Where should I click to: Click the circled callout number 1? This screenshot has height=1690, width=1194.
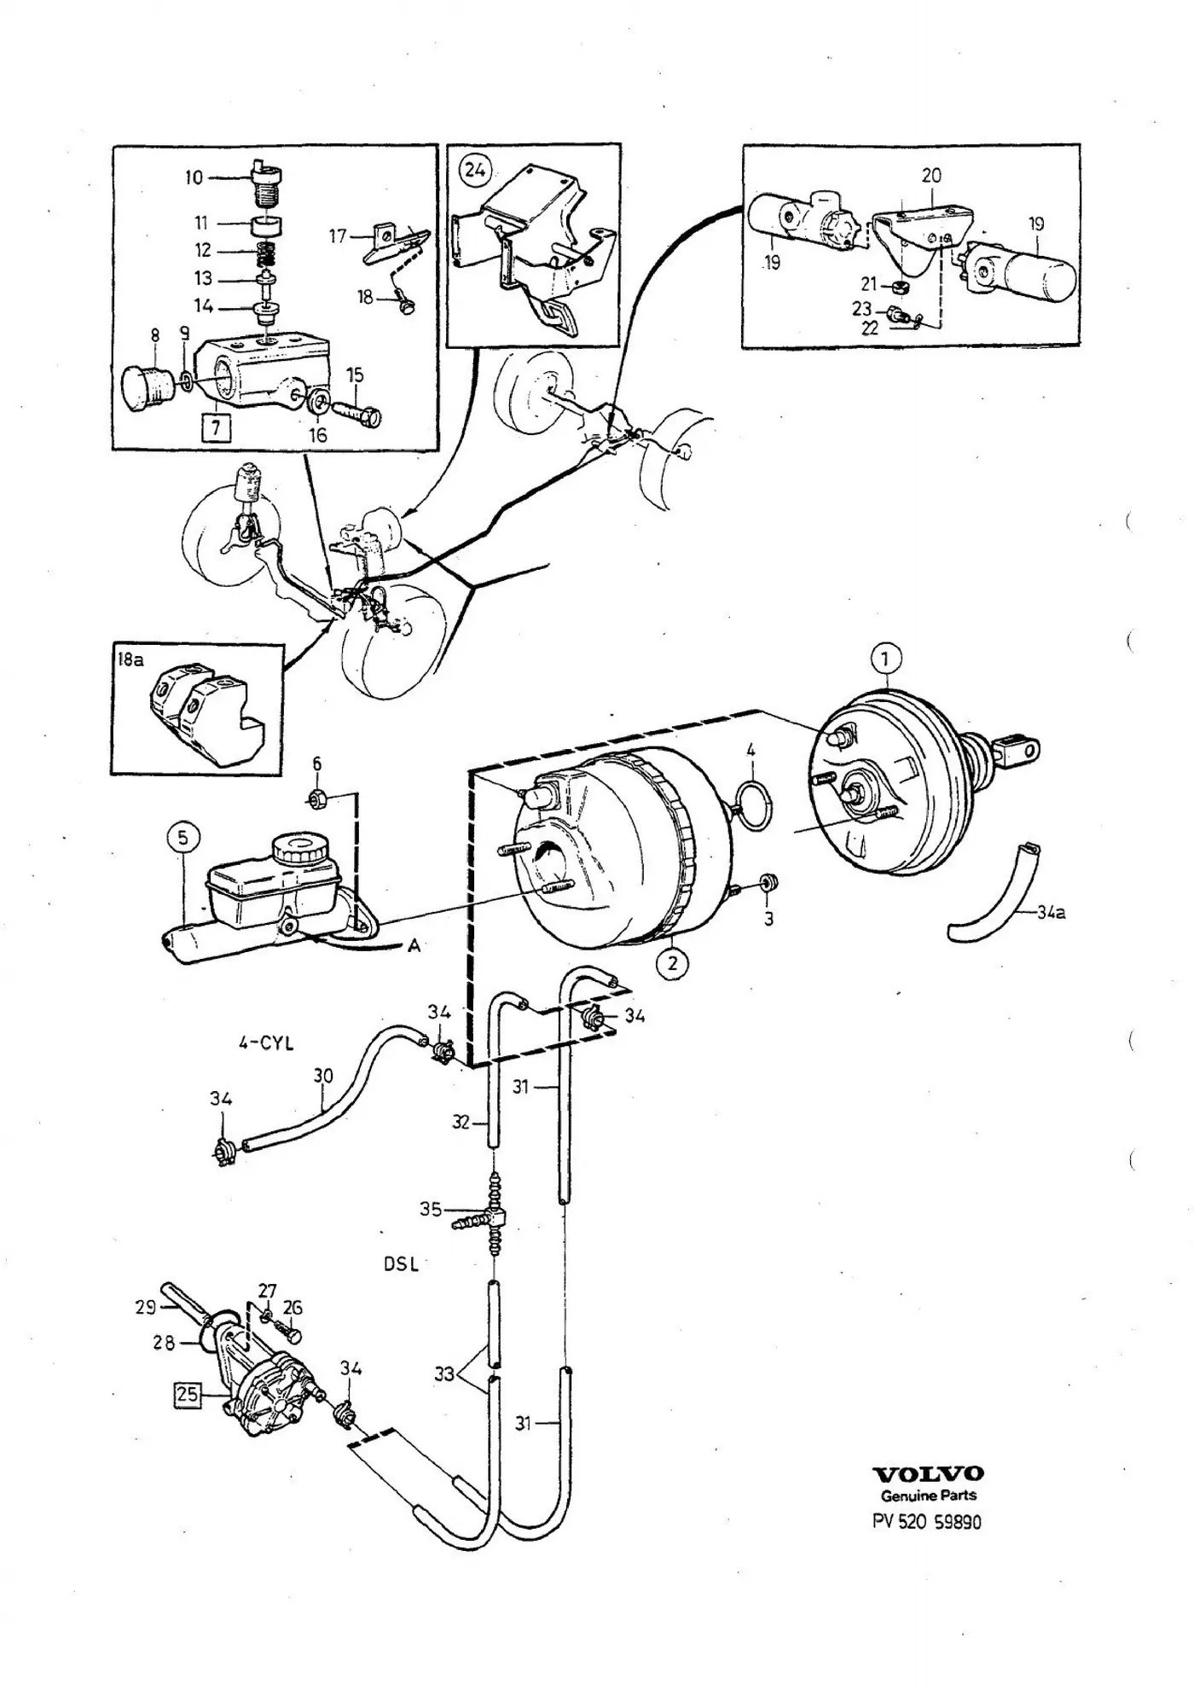pos(886,659)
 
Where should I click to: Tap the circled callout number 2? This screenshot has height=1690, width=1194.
pos(673,963)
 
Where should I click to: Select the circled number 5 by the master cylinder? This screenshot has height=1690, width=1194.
pos(183,839)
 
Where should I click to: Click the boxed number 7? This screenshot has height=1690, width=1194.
pos(215,427)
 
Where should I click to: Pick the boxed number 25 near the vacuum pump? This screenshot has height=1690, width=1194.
pos(187,1395)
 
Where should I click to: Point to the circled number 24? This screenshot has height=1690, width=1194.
pos(474,170)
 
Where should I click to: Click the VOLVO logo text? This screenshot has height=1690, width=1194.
pos(928,1473)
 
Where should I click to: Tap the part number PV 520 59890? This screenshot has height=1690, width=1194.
pos(927,1521)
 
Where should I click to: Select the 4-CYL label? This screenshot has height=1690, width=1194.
pos(266,1042)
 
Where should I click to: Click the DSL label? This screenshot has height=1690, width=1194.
pos(401,1263)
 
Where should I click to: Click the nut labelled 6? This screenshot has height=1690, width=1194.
pos(317,799)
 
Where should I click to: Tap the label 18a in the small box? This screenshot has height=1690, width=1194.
pos(130,659)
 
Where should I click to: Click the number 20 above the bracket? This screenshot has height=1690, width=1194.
pos(931,175)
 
